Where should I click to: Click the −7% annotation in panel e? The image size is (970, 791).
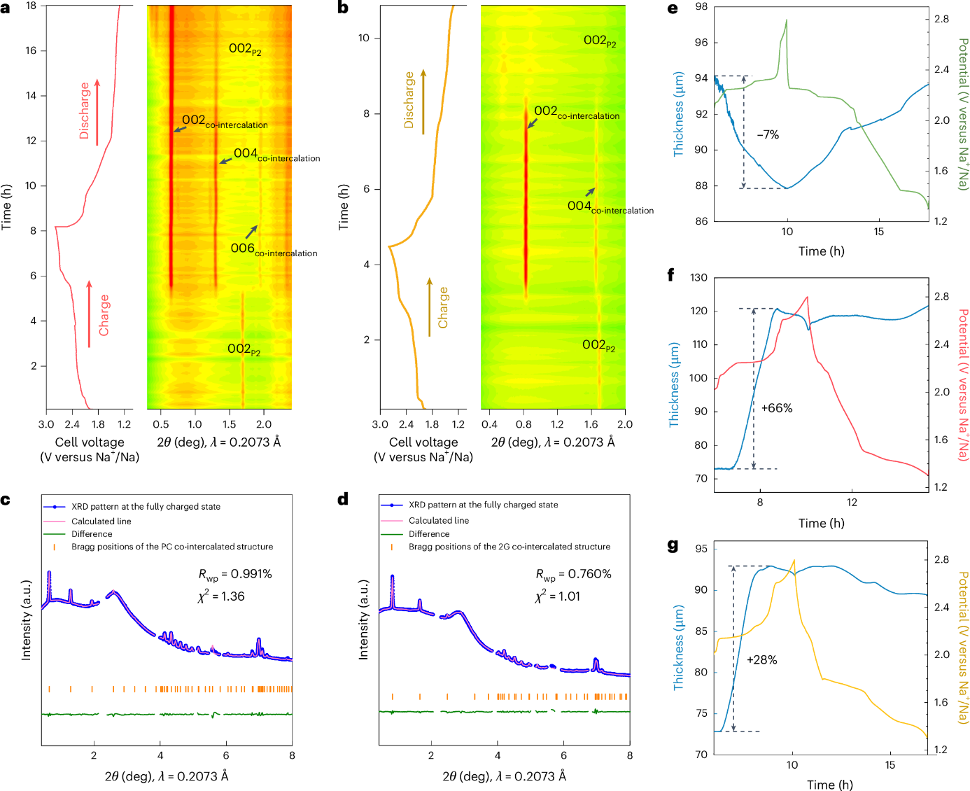click(768, 134)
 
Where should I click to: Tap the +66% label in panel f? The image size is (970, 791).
click(776, 408)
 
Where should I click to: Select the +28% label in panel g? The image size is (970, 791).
click(761, 659)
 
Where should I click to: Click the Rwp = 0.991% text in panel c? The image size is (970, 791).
click(234, 575)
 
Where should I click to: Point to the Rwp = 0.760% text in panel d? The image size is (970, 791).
click(573, 575)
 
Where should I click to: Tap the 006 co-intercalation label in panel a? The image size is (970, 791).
click(273, 249)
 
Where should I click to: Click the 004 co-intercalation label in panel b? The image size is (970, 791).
click(610, 206)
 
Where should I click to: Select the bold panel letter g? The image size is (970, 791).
click(673, 545)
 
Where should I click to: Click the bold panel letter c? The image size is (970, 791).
click(6, 499)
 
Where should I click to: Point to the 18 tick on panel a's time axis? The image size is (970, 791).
click(31, 6)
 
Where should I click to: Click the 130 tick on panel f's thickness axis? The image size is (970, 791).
click(698, 277)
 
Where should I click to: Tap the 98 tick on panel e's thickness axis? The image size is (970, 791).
click(701, 6)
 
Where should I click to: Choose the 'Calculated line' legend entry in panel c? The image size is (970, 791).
click(101, 521)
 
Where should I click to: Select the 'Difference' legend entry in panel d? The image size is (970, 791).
click(429, 533)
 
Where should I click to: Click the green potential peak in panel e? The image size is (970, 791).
click(787, 21)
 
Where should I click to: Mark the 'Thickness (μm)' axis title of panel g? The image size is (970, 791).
click(678, 648)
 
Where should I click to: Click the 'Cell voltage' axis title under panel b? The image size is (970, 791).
click(423, 442)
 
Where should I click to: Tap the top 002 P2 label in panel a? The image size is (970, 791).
click(244, 48)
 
